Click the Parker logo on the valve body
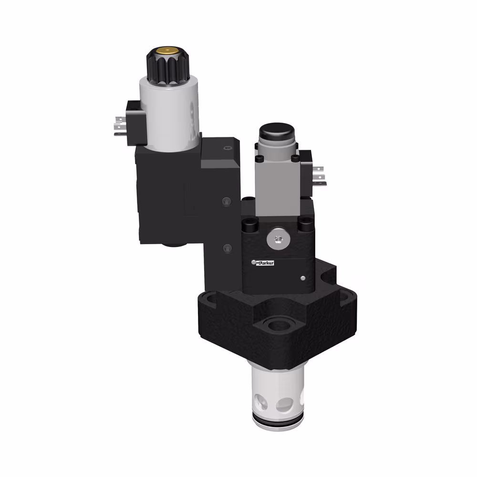coord(264,262)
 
